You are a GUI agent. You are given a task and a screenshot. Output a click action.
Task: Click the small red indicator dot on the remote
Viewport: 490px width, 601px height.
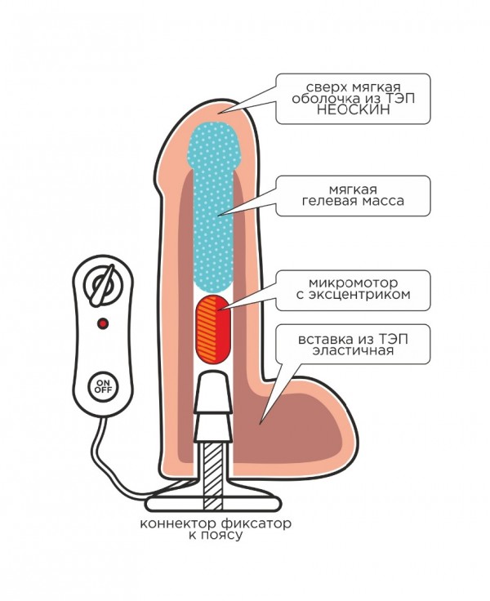(102, 324)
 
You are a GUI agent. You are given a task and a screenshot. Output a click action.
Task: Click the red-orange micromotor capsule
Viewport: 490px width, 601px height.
(215, 321)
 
